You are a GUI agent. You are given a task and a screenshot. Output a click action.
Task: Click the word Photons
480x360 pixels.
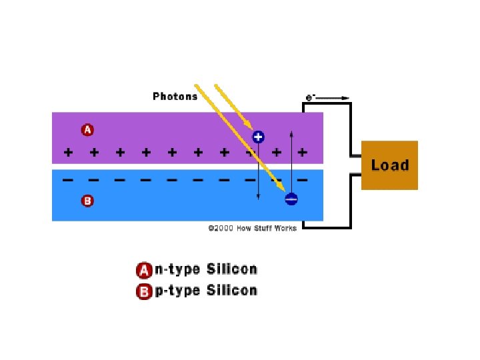pyautogui.click(x=175, y=96)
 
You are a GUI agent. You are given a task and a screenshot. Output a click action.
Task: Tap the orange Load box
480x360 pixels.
pyautogui.click(x=389, y=165)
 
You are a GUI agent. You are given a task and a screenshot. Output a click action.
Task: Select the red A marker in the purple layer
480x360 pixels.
pyautogui.click(x=87, y=130)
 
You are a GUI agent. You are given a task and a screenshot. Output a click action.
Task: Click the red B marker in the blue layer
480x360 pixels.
pyautogui.click(x=87, y=200)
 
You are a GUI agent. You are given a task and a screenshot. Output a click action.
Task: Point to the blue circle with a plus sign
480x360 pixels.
pyautogui.click(x=258, y=137)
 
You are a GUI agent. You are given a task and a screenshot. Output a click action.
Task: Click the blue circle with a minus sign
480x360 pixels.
pyautogui.click(x=291, y=199)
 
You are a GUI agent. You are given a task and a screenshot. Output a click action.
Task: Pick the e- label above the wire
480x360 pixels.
pyautogui.click(x=310, y=97)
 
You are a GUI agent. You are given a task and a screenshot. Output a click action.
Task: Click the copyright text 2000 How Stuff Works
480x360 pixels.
pyautogui.click(x=252, y=228)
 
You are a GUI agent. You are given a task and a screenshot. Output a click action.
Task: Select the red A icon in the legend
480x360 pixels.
pyautogui.click(x=143, y=270)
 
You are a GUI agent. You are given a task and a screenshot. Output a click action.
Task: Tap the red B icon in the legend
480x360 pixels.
pyautogui.click(x=143, y=291)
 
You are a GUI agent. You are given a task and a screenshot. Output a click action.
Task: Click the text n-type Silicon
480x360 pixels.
pyautogui.click(x=205, y=269)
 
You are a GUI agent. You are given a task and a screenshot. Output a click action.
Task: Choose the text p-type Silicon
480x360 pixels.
pyautogui.click(x=205, y=291)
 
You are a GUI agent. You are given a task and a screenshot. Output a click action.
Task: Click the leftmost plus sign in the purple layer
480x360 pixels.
pyautogui.click(x=68, y=153)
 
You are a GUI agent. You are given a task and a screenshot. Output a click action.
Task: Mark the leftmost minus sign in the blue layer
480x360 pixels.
pyautogui.click(x=68, y=180)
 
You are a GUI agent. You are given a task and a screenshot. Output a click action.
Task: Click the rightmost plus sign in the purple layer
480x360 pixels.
pyautogui.click(x=302, y=153)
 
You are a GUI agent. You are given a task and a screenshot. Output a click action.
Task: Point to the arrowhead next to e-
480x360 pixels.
pyautogui.click(x=345, y=98)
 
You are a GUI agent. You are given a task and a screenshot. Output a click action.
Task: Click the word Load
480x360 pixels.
pyautogui.click(x=389, y=165)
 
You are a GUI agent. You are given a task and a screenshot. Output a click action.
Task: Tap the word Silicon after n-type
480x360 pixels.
pyautogui.click(x=231, y=269)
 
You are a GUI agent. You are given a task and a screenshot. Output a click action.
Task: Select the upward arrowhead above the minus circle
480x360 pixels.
pyautogui.click(x=291, y=135)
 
